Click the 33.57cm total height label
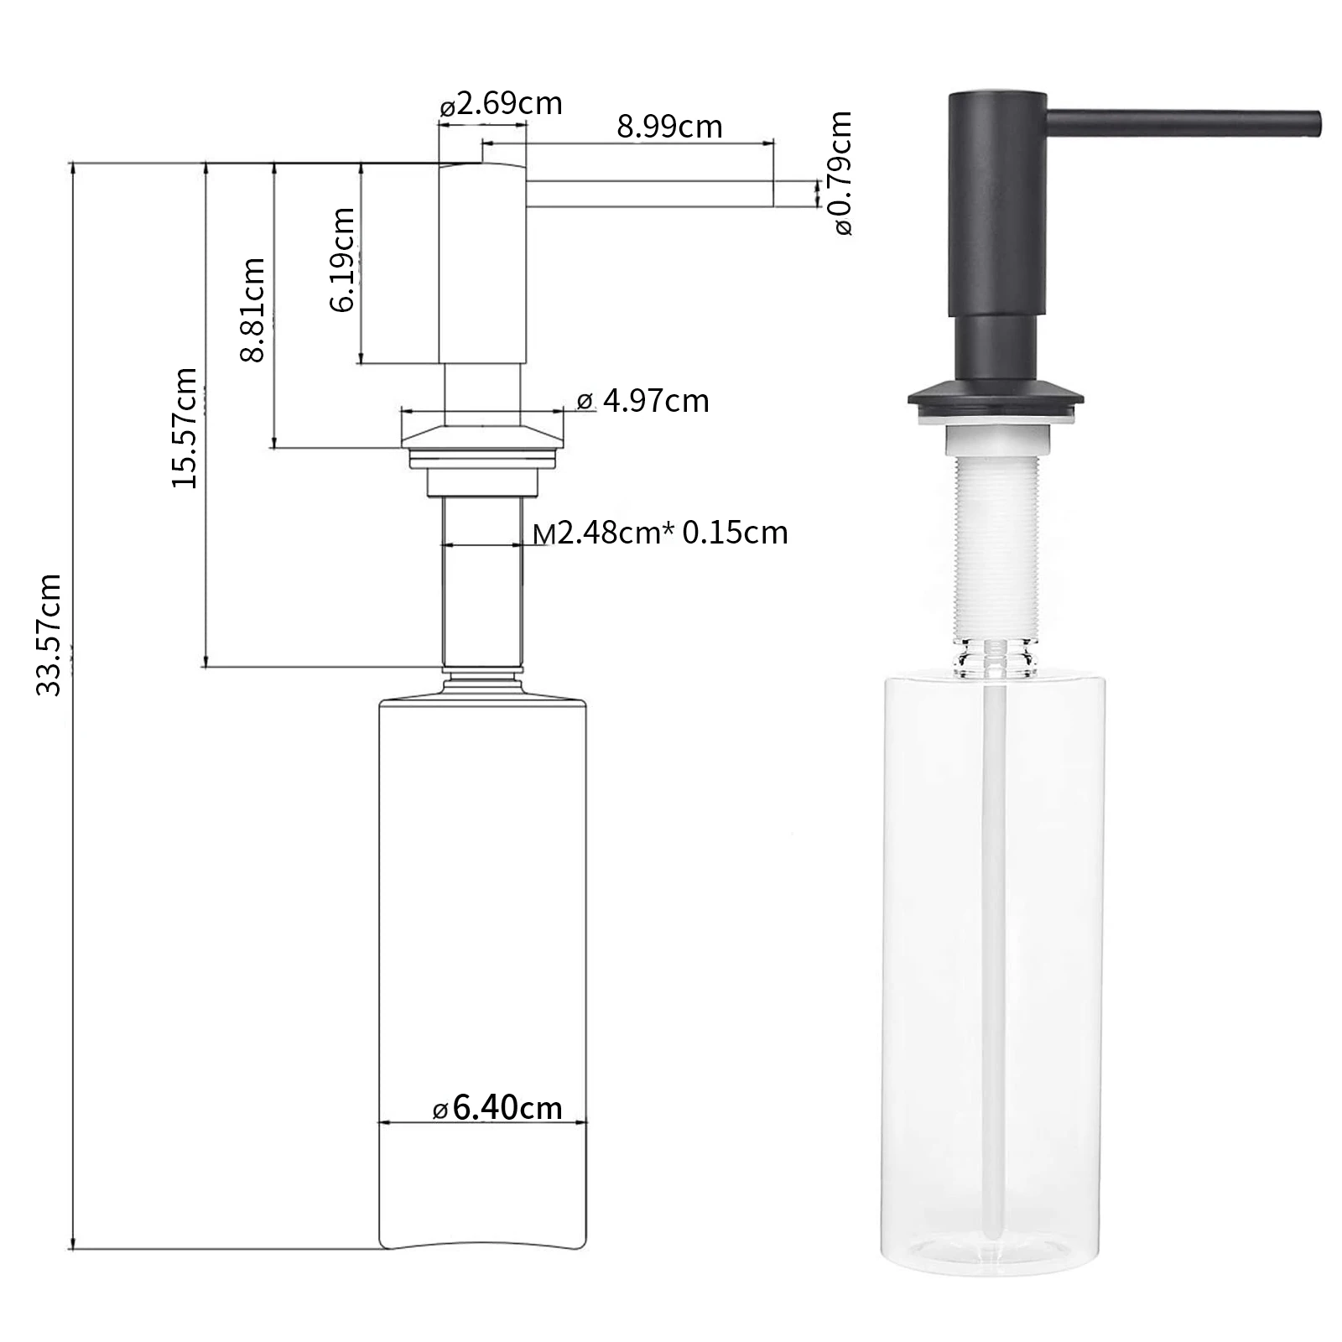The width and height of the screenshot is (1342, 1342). (49, 635)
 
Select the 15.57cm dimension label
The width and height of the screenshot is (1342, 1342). (185, 428)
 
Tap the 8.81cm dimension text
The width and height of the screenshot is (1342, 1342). (253, 309)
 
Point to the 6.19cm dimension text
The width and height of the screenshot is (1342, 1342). (342, 260)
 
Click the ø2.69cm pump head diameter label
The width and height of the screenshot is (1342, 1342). (501, 104)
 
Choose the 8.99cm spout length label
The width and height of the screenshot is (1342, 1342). (668, 127)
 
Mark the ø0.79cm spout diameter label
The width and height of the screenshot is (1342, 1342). (842, 173)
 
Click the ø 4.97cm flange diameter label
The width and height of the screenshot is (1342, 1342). (643, 401)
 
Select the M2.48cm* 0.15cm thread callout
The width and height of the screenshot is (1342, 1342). (660, 533)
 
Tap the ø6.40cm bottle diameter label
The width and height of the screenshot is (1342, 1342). (497, 1108)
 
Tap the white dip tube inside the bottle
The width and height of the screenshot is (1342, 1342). (995, 923)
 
